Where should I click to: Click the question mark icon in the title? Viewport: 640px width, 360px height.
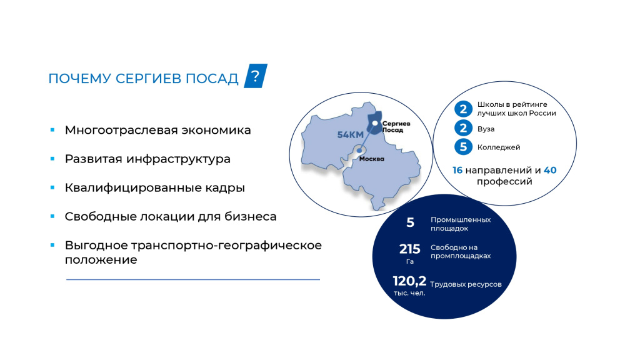click(x=256, y=76)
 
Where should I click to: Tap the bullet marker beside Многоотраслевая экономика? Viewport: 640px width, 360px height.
click(x=52, y=130)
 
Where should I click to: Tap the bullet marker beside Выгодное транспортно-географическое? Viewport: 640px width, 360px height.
click(x=52, y=245)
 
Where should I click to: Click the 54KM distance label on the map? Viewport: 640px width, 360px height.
click(x=350, y=135)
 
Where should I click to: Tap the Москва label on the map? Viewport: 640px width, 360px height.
click(x=371, y=159)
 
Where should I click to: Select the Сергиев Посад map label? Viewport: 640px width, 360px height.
click(x=396, y=126)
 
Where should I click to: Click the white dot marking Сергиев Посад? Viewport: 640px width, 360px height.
click(x=375, y=123)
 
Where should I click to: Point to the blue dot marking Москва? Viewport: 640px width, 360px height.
click(x=359, y=151)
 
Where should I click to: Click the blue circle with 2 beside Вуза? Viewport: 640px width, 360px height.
click(x=463, y=128)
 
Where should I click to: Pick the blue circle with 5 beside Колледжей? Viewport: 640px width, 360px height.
click(x=463, y=147)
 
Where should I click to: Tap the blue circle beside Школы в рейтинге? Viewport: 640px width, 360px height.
click(x=463, y=109)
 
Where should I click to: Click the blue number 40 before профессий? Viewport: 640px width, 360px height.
click(x=550, y=170)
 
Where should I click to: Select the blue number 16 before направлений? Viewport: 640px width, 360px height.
click(x=457, y=170)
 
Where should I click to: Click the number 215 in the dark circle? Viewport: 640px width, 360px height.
click(x=410, y=249)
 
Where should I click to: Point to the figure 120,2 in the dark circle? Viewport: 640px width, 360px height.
click(x=409, y=281)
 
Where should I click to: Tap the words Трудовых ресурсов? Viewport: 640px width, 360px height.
click(x=466, y=284)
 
